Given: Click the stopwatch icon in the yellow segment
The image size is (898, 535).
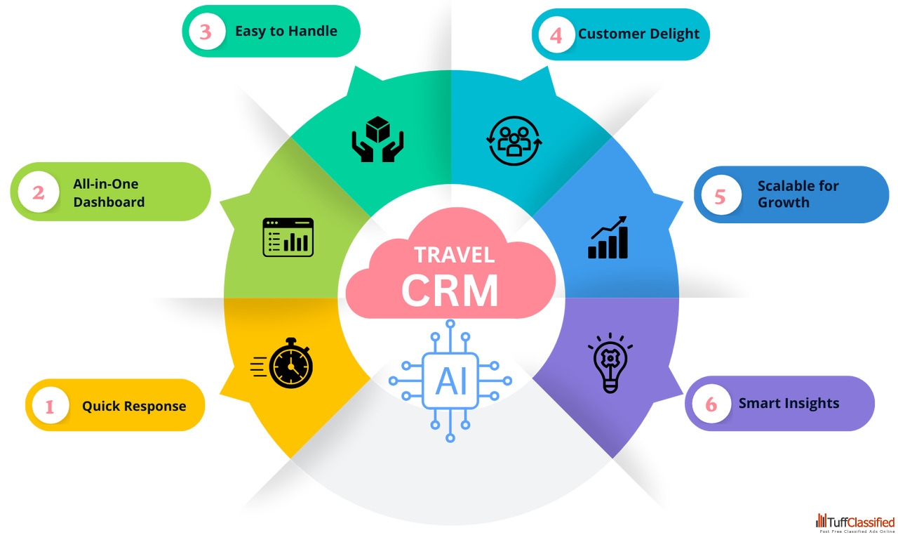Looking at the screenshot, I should pyautogui.click(x=283, y=363).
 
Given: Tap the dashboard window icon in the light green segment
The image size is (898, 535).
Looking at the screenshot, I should pyautogui.click(x=288, y=237).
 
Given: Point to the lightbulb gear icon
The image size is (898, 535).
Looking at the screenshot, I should pyautogui.click(x=609, y=362).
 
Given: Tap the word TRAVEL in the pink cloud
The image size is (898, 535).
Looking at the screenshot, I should pyautogui.click(x=454, y=254).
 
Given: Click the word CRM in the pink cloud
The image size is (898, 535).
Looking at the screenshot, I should pyautogui.click(x=450, y=289).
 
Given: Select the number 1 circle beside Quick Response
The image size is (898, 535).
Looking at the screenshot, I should pyautogui.click(x=49, y=406).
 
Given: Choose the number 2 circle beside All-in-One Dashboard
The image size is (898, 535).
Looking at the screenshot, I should pyautogui.click(x=39, y=192).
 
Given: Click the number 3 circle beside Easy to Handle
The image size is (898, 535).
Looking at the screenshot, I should pyautogui.click(x=205, y=32).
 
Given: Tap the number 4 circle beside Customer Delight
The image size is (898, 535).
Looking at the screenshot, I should pyautogui.click(x=556, y=35).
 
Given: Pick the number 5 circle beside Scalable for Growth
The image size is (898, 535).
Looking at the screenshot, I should pyautogui.click(x=720, y=196).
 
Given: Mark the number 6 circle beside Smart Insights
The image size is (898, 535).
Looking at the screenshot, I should pyautogui.click(x=711, y=404).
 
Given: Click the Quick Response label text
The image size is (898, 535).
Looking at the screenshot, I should pyautogui.click(x=134, y=406).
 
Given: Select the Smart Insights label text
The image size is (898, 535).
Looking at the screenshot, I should pyautogui.click(x=789, y=404).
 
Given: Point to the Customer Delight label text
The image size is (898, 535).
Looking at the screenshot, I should pyautogui.click(x=638, y=34).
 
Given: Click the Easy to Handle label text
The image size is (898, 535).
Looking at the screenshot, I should pyautogui.click(x=286, y=31).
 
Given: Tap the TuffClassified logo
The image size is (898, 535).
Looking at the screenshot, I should pyautogui.click(x=855, y=523).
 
